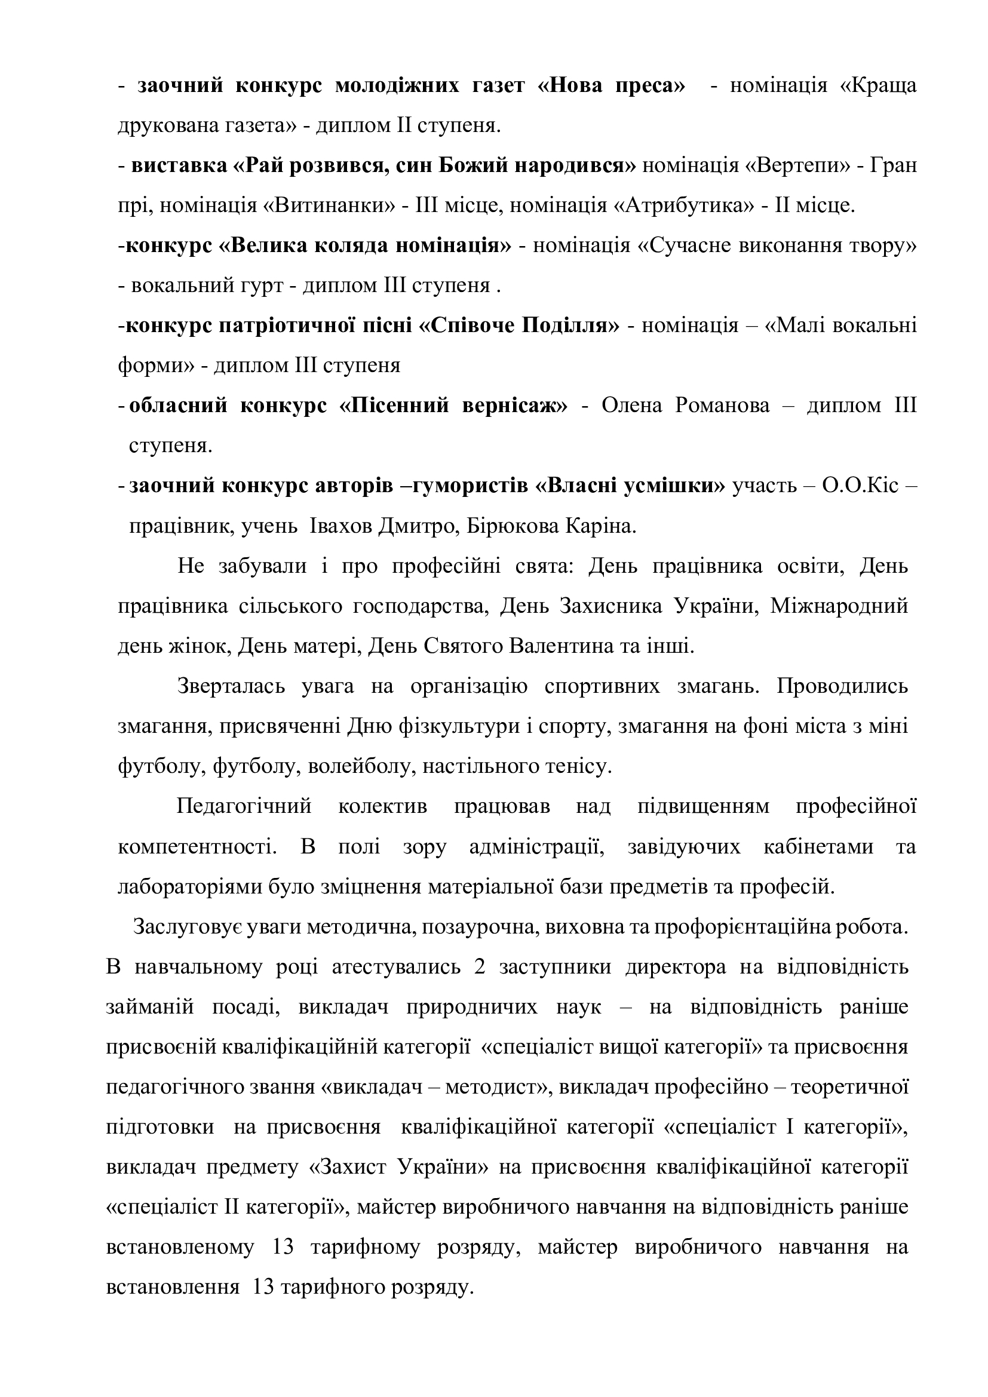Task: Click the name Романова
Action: (722, 405)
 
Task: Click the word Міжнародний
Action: (839, 606)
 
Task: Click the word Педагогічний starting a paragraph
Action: (244, 806)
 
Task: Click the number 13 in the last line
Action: (263, 1288)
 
